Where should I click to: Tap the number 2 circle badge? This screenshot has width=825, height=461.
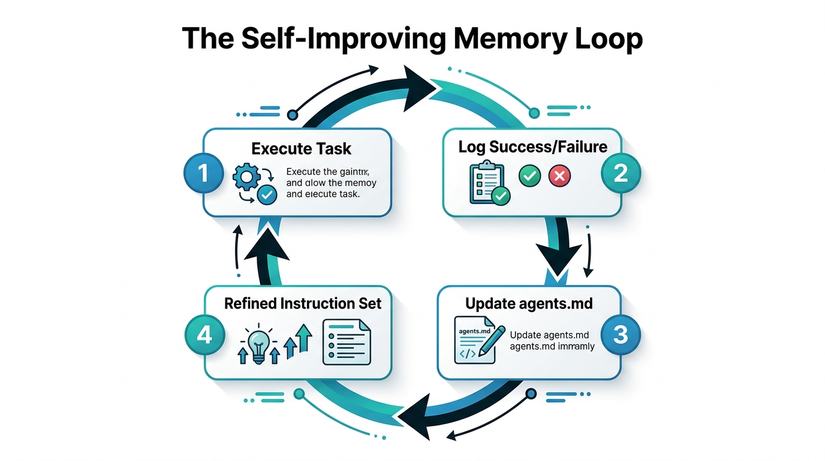pos(621,174)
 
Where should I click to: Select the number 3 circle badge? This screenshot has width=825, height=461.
pos(621,334)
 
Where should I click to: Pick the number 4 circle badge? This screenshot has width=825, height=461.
pos(204,335)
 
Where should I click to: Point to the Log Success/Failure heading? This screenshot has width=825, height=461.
pos(533,146)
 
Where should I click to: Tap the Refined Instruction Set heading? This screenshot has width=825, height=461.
pos(303,303)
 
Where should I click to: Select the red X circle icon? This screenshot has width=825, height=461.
pos(561,176)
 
